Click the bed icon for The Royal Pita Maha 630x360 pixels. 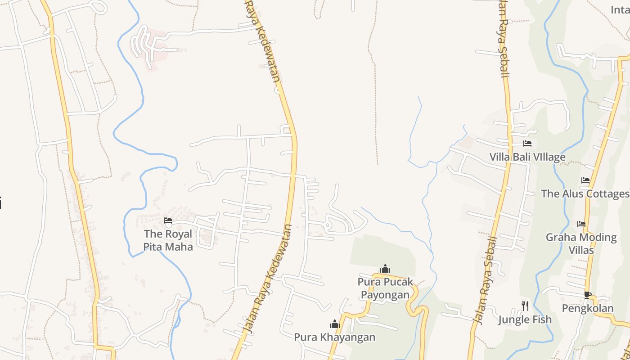click(168, 220)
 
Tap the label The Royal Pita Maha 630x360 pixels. click(168, 240)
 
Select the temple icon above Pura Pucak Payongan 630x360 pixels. click(385, 269)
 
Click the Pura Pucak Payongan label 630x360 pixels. click(385, 288)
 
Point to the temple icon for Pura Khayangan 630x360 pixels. click(334, 324)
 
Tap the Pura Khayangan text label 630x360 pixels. click(334, 337)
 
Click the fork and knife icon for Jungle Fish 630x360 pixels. click(525, 306)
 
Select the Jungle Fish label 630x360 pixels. click(525, 320)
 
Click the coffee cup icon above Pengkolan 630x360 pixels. click(587, 295)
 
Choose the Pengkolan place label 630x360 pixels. click(588, 308)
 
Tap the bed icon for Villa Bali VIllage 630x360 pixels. click(527, 144)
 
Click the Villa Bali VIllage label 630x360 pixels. click(527, 157)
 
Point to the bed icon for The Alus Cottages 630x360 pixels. click(585, 180)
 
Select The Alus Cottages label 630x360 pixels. click(585, 194)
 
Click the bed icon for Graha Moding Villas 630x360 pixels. click(581, 224)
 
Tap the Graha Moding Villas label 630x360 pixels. click(581, 243)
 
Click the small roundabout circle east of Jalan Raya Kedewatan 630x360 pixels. click(328, 225)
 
